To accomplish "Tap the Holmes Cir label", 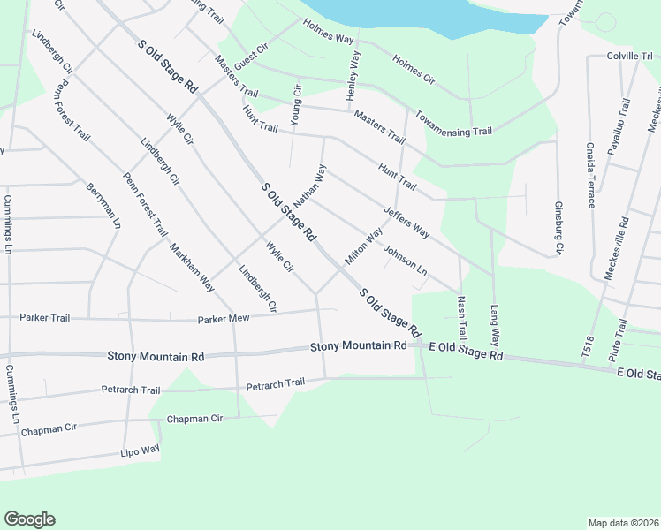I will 414,72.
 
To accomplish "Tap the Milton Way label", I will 363,246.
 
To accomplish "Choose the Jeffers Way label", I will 406,222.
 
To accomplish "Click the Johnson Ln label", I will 405,261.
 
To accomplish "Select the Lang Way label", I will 495,325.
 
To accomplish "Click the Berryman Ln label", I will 103,206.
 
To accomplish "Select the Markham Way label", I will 192,267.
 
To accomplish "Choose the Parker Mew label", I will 225,319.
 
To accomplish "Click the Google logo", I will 30,519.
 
